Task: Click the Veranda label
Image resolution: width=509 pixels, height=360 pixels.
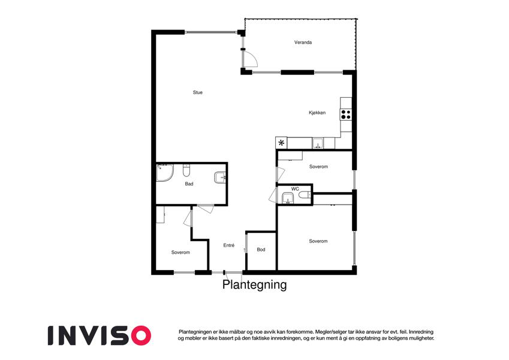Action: point(303,42)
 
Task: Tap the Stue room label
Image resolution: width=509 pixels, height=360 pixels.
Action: point(197,92)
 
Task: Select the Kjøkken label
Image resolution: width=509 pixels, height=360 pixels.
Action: point(317,113)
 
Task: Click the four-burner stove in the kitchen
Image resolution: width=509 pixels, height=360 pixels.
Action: point(346,115)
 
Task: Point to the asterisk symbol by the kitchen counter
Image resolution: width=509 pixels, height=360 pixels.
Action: point(281,143)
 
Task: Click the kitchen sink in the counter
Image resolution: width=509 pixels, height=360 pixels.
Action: point(318,143)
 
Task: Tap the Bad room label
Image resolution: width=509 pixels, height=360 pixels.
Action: point(189,184)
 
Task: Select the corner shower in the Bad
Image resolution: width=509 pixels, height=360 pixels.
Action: point(165,173)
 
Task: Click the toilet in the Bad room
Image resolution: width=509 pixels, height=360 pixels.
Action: point(186,170)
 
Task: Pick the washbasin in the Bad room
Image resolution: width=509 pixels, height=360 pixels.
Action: point(220,178)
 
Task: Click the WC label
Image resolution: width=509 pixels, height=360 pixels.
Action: point(295,189)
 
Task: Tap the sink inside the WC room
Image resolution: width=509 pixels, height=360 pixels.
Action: point(288,198)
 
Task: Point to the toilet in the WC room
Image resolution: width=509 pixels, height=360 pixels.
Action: point(305,194)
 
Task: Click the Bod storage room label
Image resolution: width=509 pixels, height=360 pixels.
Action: point(261,250)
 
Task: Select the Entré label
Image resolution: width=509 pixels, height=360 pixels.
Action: point(228,245)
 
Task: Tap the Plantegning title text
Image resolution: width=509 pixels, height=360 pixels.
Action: point(254,284)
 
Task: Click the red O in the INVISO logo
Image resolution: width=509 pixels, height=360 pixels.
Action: point(140,335)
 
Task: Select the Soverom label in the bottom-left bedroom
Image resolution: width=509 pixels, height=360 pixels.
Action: point(180,252)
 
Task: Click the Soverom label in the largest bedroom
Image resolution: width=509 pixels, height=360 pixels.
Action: point(318,241)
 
